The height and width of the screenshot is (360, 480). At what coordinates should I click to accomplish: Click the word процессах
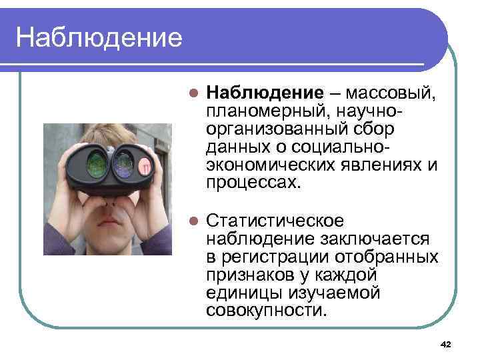click(x=253, y=182)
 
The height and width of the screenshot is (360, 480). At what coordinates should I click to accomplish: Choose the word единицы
click(x=244, y=293)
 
